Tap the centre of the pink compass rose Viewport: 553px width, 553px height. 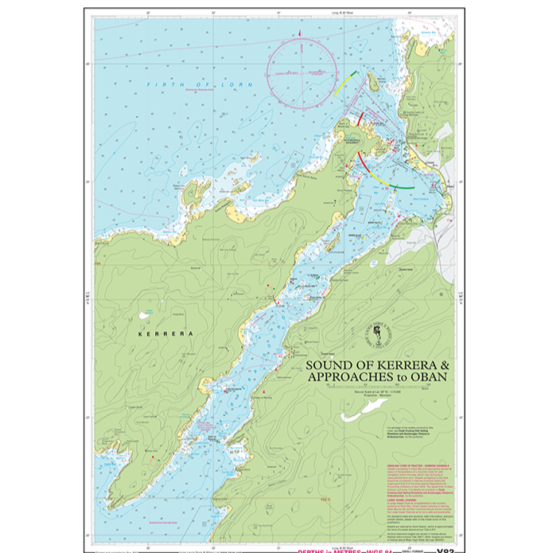[302, 72]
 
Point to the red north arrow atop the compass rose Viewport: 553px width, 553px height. [299, 34]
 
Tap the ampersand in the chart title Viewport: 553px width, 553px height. [443, 366]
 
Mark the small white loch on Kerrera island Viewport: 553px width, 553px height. [144, 315]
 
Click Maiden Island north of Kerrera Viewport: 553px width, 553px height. [371, 82]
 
